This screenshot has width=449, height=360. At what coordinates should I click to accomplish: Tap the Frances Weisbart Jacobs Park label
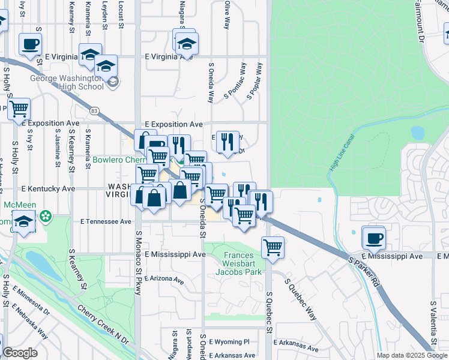243,263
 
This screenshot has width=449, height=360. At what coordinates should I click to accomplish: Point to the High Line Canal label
343,154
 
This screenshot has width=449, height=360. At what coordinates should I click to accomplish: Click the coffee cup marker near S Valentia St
374,238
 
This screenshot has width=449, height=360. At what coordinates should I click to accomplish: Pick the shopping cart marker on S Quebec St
273,246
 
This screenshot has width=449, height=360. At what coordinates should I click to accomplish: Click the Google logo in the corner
20,353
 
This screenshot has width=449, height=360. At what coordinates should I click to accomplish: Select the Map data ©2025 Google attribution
411,355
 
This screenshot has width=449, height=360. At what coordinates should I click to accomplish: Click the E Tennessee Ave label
106,221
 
